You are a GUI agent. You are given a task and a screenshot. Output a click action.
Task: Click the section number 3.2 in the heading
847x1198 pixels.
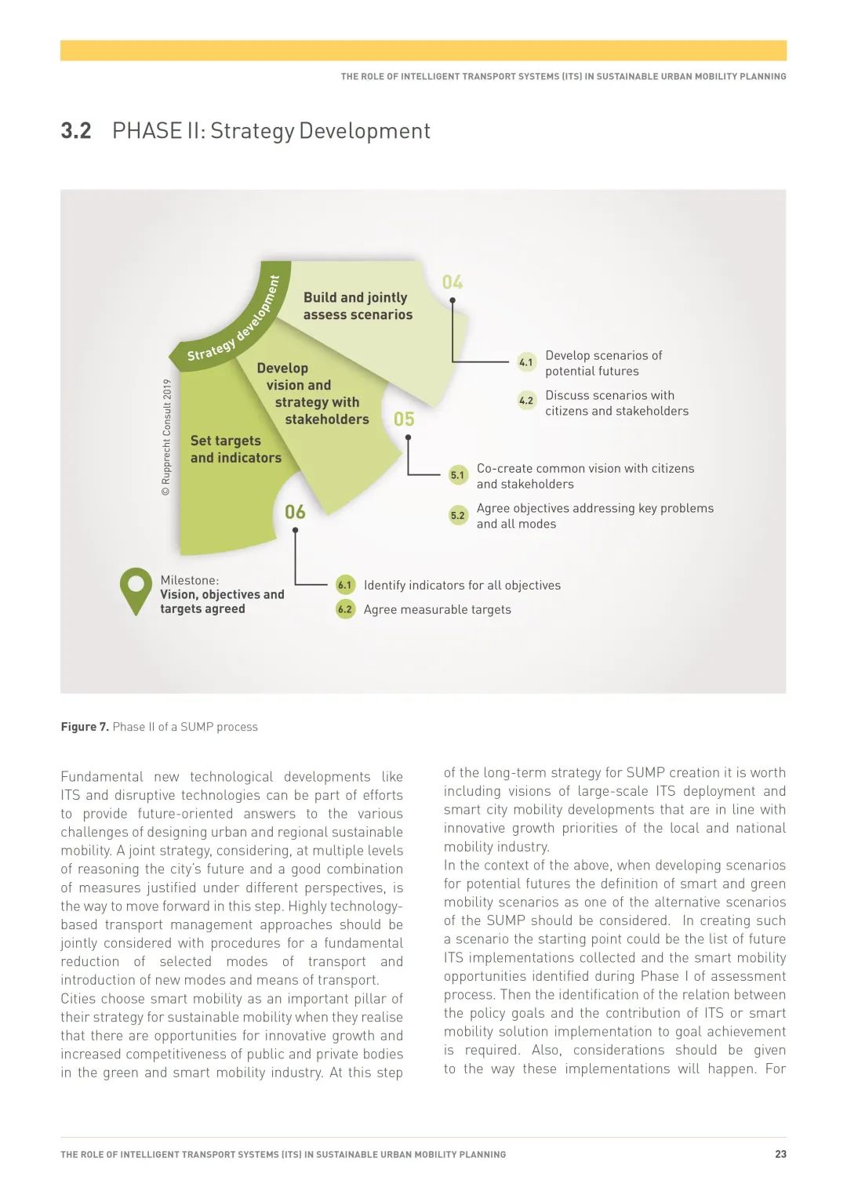(x=76, y=130)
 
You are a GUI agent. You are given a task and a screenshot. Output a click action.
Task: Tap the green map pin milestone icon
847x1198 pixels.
(x=136, y=590)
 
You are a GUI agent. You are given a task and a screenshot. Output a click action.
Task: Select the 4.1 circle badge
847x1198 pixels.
(x=526, y=362)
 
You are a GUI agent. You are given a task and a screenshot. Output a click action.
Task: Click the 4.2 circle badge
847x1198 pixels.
(x=526, y=401)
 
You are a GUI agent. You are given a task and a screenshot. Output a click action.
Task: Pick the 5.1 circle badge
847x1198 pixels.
(x=457, y=475)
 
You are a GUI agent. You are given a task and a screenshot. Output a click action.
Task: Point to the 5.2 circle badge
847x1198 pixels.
(x=457, y=515)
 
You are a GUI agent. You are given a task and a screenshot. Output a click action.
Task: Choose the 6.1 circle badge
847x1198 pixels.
(x=344, y=585)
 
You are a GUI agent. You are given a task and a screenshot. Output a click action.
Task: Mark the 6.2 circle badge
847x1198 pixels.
(x=344, y=609)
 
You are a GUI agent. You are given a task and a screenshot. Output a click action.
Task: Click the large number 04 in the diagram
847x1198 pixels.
(x=453, y=282)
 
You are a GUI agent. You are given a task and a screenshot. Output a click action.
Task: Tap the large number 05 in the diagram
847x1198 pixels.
(x=404, y=419)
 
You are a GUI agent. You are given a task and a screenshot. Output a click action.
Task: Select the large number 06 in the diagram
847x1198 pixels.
(x=295, y=512)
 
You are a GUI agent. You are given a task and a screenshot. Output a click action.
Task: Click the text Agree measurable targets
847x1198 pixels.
(x=437, y=610)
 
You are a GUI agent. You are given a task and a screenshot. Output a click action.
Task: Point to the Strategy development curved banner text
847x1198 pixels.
(x=234, y=321)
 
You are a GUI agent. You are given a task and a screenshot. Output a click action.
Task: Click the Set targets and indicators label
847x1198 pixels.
(x=235, y=449)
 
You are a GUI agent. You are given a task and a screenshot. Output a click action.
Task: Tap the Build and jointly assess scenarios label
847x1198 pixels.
(x=358, y=306)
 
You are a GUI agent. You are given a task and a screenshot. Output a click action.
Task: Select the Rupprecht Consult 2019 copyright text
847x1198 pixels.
(x=166, y=437)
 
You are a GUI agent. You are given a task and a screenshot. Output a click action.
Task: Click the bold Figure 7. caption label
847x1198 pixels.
(x=85, y=727)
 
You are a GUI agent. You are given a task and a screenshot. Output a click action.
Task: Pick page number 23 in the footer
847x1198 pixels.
(x=780, y=1154)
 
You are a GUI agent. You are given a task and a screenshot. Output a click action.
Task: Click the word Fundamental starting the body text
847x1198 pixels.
(x=102, y=777)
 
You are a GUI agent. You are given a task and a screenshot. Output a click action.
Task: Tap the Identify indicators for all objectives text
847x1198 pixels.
(x=462, y=586)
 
